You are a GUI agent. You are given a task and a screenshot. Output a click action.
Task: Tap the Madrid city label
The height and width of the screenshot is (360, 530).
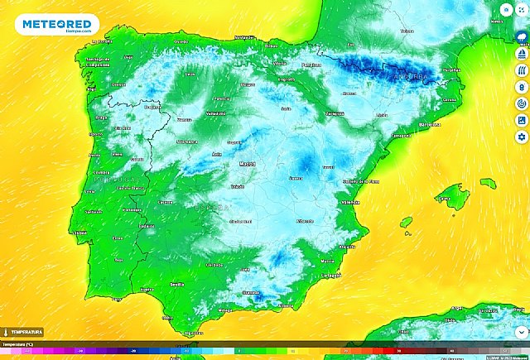point(248,164)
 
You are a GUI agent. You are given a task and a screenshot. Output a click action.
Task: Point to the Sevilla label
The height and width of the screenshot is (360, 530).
point(176,284)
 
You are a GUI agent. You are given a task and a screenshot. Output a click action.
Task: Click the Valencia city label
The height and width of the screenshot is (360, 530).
point(351,201)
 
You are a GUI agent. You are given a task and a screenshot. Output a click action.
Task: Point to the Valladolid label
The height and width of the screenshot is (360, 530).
point(216,113)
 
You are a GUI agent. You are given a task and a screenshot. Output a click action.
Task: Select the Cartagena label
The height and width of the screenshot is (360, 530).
point(331,275)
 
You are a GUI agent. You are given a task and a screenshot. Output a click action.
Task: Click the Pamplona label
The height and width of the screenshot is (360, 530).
point(311,65)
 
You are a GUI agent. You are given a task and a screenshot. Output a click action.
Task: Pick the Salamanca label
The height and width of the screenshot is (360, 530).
point(187,142)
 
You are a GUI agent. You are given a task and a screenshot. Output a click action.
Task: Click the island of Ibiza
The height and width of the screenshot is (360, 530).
point(406,222)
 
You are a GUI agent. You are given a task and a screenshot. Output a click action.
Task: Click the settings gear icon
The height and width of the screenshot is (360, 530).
point(521,136)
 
